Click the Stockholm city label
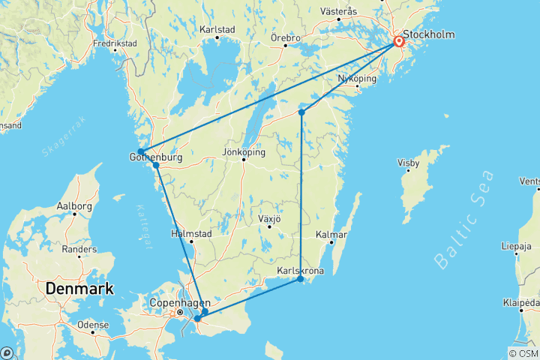pos(431,34)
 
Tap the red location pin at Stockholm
pos(399,42)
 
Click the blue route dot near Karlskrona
pos(301,279)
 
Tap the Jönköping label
pos(244,152)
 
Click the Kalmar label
pos(331,235)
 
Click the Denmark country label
pos(79,288)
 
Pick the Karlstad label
pos(217,30)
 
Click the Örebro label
pos(286,37)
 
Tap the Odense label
pos(93,325)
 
